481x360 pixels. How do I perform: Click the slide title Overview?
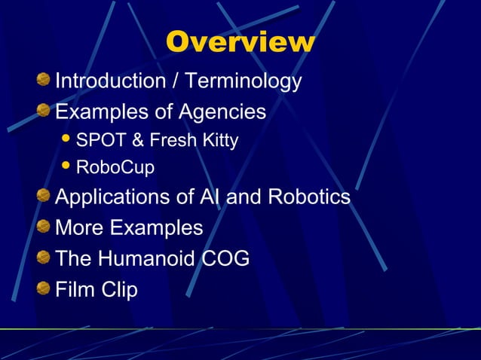pyautogui.click(x=240, y=42)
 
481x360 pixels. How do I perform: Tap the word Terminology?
pyautogui.click(x=244, y=81)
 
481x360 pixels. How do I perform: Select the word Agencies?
pyautogui.click(x=222, y=113)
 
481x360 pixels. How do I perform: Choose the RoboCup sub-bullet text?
pyautogui.click(x=115, y=167)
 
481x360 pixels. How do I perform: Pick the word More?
pyautogui.click(x=78, y=227)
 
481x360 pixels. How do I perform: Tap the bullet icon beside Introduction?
pyautogui.click(x=44, y=80)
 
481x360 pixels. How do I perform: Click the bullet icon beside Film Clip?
pyautogui.click(x=44, y=289)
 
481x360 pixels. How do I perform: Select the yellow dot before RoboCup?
pyautogui.click(x=66, y=166)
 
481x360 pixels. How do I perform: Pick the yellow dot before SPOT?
pyautogui.click(x=66, y=140)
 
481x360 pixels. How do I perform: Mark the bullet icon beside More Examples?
pyautogui.click(x=44, y=227)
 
